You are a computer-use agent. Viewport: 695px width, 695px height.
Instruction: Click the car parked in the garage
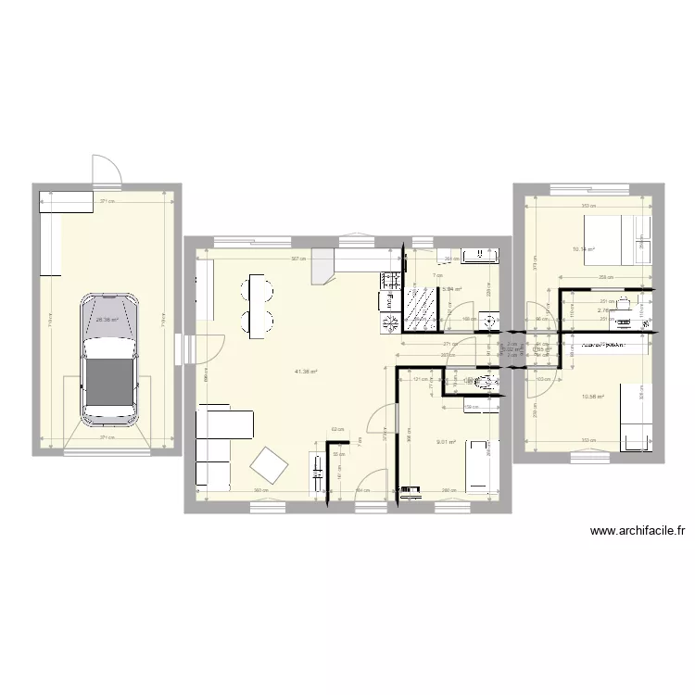[x=109, y=358]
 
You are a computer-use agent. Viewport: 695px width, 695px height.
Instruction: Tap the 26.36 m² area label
[x=107, y=320]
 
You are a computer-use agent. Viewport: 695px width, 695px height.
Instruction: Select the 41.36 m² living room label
[x=306, y=372]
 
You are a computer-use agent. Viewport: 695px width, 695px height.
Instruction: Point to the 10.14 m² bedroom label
[x=583, y=249]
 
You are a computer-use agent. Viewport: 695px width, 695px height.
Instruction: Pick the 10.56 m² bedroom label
[x=592, y=397]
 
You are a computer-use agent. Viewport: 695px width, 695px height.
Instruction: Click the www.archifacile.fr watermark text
[x=637, y=532]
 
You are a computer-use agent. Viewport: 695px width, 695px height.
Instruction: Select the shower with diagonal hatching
[x=422, y=309]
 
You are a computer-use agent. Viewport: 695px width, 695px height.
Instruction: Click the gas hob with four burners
[x=388, y=322]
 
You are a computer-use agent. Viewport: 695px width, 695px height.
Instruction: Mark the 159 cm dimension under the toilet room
[x=471, y=407]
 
